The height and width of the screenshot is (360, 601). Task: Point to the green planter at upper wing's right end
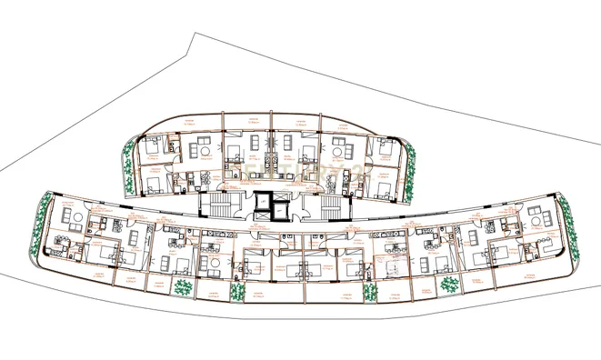(x=411, y=172)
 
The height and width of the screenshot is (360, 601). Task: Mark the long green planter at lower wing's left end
(x=39, y=234)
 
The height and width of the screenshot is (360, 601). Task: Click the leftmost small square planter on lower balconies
(x=184, y=287)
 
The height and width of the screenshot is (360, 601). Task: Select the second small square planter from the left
(x=237, y=294)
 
